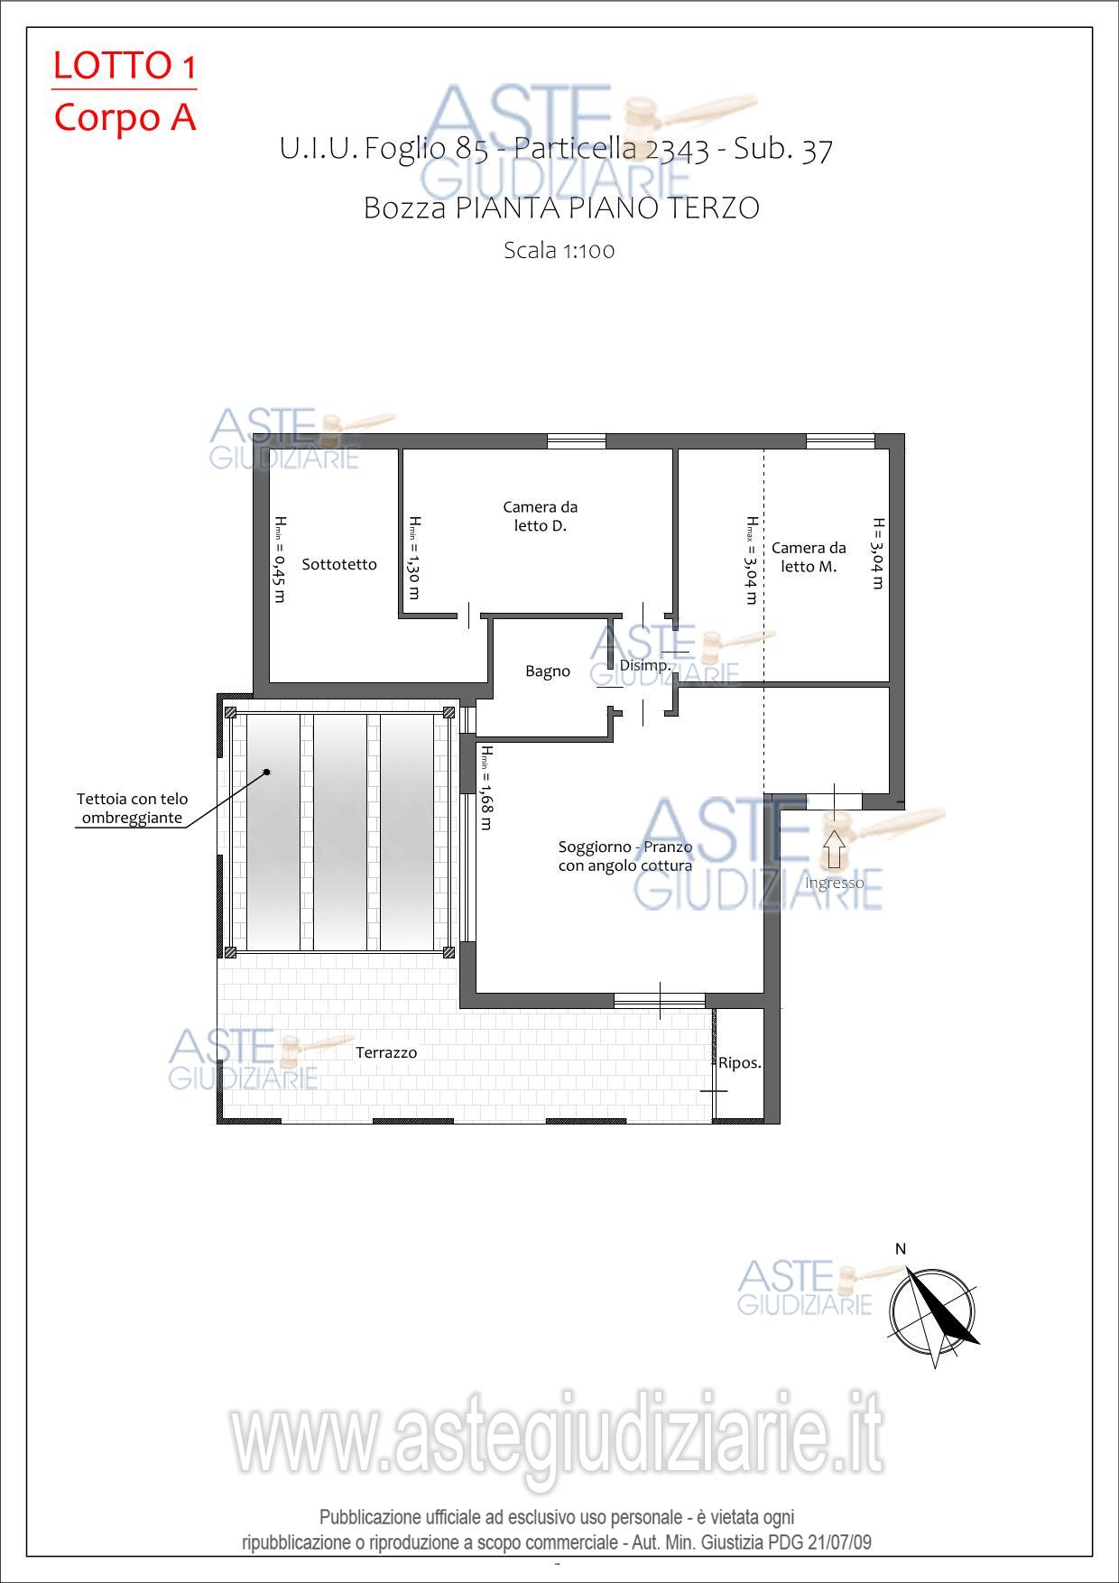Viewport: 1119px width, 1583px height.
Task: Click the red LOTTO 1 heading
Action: [125, 66]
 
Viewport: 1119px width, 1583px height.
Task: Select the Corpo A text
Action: [125, 117]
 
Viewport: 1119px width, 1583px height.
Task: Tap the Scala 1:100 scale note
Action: [559, 250]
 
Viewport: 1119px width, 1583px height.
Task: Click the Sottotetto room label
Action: [339, 564]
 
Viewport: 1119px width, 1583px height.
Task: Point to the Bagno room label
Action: [548, 671]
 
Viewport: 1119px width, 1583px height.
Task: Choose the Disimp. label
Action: [645, 666]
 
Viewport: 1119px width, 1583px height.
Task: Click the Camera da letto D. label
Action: [541, 516]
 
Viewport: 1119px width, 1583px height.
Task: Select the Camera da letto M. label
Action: [809, 557]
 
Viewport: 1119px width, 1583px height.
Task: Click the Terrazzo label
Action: [386, 1052]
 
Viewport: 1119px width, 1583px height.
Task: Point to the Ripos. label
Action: [740, 1063]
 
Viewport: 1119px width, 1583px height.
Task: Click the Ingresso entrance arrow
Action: [835, 849]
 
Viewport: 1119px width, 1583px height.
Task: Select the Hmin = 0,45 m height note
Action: [280, 559]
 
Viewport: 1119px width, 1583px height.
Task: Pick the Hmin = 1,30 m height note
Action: [414, 558]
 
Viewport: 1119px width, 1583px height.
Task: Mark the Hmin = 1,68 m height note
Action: [486, 788]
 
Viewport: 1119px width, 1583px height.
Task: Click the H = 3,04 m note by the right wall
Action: [877, 553]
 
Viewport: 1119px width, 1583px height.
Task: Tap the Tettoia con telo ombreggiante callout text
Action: [133, 809]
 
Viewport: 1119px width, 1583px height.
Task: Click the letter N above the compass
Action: [901, 1249]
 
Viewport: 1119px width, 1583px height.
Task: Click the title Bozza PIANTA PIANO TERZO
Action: [561, 208]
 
